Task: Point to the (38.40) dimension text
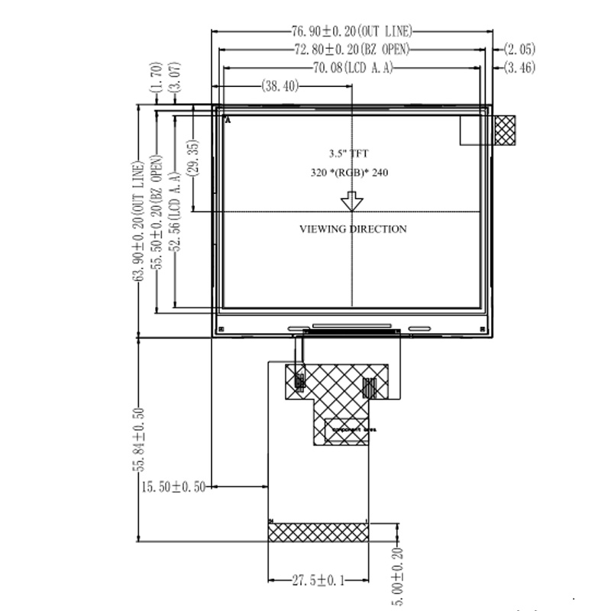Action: (280, 86)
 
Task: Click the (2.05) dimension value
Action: (519, 50)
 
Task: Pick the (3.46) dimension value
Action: (519, 69)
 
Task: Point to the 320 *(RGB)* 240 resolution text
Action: (349, 173)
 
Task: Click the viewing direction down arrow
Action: (352, 202)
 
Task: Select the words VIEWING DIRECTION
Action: (352, 229)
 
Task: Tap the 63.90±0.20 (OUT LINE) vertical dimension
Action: (138, 221)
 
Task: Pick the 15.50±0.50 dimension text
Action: (173, 487)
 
